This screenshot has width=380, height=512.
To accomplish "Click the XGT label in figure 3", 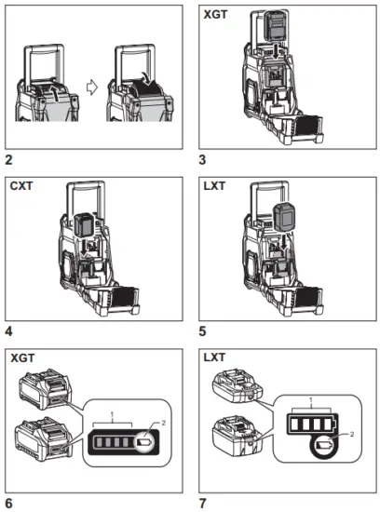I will coord(217,14).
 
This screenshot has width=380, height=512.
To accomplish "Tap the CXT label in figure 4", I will coord(22,184).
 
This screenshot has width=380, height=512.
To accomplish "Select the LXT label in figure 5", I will coord(215,184).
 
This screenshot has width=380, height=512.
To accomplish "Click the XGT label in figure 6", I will coord(23,357).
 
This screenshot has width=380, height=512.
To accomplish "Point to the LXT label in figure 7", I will coord(215,357).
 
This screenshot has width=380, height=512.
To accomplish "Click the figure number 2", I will coord(8,160).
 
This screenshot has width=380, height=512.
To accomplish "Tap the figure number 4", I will coord(8,331).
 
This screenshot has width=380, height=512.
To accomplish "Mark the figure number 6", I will coord(8,504).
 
